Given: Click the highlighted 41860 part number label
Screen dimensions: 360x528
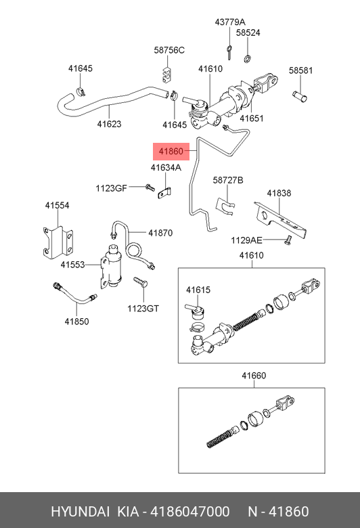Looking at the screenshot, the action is click(x=171, y=151).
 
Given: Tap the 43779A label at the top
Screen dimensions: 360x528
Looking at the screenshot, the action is click(x=230, y=22).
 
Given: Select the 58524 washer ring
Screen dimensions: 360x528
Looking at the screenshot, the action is click(x=248, y=59).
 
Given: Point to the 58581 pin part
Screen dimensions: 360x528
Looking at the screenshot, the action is click(x=299, y=96).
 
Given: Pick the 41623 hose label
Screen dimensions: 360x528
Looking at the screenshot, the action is click(x=109, y=124).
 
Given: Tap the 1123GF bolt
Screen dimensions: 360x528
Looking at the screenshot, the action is click(x=150, y=187).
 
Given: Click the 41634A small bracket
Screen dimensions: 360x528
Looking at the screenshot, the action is click(x=164, y=194).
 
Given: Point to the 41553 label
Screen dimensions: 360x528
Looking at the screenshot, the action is click(x=72, y=265).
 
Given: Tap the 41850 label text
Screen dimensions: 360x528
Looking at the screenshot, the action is click(x=76, y=322).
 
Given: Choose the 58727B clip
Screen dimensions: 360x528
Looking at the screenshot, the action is click(x=225, y=205).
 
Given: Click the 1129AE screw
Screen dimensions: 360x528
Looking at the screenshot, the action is click(x=288, y=240).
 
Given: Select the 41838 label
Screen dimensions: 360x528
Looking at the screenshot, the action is click(x=279, y=194).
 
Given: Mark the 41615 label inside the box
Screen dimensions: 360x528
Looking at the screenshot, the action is click(x=198, y=290).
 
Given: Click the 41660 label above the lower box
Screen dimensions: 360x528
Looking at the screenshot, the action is click(x=254, y=376).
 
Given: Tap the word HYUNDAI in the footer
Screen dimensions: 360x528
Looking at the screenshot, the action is click(x=80, y=512).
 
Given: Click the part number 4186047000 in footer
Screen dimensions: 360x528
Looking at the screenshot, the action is click(x=190, y=512).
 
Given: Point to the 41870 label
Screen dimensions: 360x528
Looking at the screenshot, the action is click(x=160, y=233).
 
